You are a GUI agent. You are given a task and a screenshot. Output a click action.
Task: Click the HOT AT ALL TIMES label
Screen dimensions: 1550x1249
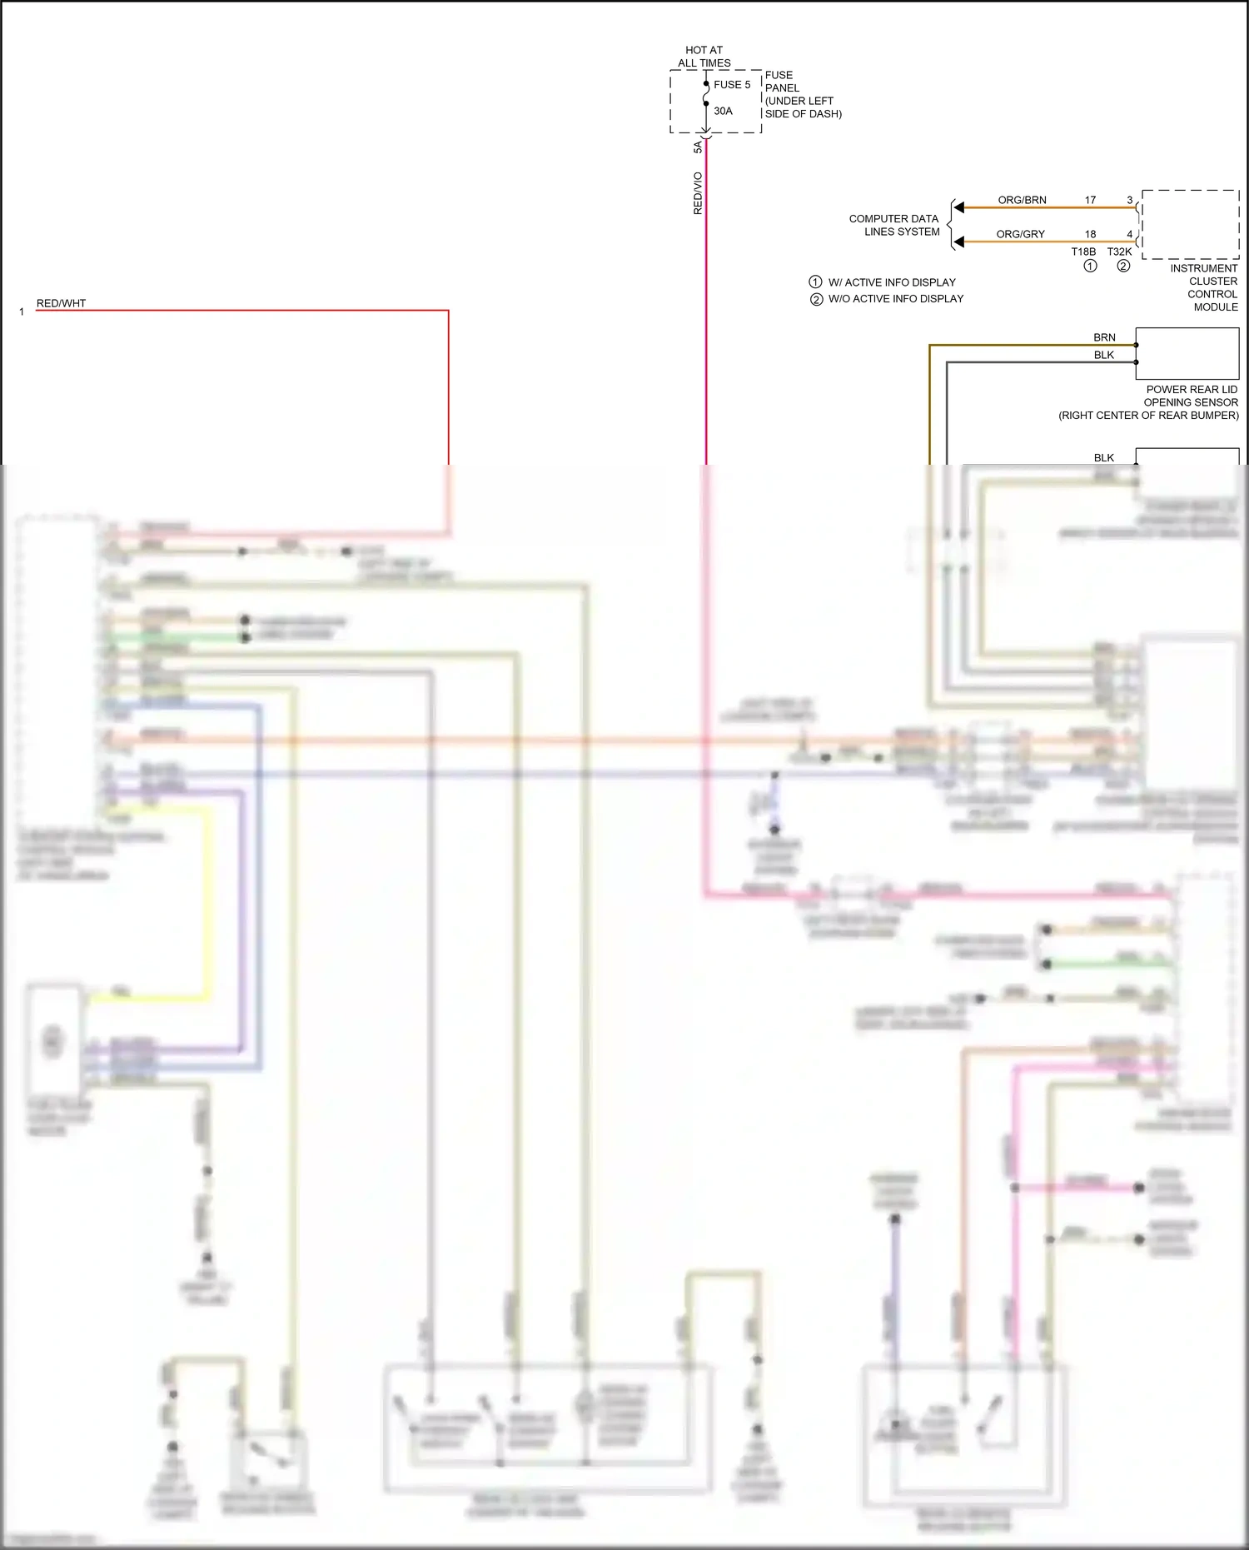(x=704, y=57)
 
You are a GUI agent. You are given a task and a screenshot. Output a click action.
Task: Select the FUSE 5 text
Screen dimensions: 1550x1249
(x=732, y=85)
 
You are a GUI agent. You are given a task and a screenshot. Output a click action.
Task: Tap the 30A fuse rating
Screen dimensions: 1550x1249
(x=723, y=111)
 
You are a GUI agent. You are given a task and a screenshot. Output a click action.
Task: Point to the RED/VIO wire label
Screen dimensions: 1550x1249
(x=698, y=193)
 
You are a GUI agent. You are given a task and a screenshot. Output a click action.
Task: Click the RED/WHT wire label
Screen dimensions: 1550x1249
(x=61, y=303)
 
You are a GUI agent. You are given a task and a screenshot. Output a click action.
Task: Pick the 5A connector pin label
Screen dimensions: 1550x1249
(x=698, y=147)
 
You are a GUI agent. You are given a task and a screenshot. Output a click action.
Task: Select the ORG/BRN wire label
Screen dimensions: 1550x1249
(x=1022, y=200)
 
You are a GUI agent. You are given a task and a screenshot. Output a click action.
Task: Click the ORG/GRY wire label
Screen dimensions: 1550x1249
(x=1020, y=234)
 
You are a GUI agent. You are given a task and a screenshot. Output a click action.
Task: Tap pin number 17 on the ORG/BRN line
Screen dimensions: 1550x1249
(x=1090, y=200)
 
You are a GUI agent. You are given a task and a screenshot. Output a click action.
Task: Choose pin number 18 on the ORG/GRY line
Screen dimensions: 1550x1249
(x=1090, y=234)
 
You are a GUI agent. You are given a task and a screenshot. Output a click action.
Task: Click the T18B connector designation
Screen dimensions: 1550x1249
(x=1083, y=252)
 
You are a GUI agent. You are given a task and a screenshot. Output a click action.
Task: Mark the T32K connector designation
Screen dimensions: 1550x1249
(x=1119, y=252)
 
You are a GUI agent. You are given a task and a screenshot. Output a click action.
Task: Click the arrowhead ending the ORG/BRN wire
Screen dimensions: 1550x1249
(x=959, y=207)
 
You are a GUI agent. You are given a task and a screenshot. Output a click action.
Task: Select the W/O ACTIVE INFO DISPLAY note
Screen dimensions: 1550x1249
(x=895, y=299)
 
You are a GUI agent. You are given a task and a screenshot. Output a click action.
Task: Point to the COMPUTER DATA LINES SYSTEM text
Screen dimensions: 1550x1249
(x=893, y=225)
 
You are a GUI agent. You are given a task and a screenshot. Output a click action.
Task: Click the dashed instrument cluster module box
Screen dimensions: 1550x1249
(x=1190, y=224)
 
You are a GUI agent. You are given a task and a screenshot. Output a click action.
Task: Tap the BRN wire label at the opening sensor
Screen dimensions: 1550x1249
(x=1104, y=337)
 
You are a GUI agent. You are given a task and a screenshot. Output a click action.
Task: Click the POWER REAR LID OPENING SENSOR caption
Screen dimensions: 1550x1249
(x=1149, y=402)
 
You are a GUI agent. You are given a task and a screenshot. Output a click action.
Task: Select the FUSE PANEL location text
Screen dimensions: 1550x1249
(x=803, y=94)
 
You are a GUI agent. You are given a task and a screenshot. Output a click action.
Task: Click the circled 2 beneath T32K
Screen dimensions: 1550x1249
(x=1123, y=267)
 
